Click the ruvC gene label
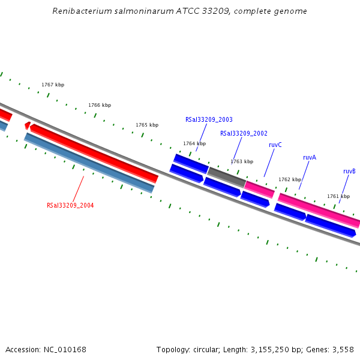[275, 145]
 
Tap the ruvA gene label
[310, 157]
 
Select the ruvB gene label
[349, 171]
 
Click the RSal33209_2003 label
[209, 119]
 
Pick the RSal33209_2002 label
[244, 133]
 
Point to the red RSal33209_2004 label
[70, 205]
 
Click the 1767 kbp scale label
[53, 85]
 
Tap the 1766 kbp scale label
[100, 105]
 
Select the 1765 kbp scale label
[147, 125]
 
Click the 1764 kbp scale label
[194, 143]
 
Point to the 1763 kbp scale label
[242, 161]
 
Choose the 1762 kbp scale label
[290, 179]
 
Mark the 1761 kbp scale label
[338, 196]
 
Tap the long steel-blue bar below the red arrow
[89, 163]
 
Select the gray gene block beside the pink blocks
[226, 177]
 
